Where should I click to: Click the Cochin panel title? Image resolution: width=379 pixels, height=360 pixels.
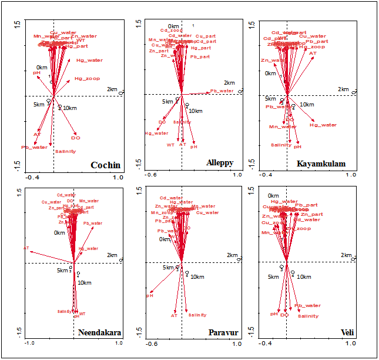[x=105, y=165]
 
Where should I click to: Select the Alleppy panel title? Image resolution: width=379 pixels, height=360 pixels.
[x=220, y=163]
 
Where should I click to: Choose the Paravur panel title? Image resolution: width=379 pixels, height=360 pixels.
[x=223, y=332]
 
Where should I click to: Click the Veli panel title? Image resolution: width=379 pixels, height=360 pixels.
[x=347, y=332]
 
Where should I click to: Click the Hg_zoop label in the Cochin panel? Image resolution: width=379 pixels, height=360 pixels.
[x=87, y=79]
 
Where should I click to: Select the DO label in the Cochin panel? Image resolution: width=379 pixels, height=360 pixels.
[x=76, y=138]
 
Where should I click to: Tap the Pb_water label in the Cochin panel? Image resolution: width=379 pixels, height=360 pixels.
[x=34, y=147]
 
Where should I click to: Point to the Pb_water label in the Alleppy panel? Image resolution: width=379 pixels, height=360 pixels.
[x=222, y=91]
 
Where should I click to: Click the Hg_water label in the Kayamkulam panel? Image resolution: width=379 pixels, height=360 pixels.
[x=323, y=125]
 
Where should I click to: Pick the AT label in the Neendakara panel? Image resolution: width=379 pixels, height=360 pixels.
[x=26, y=248]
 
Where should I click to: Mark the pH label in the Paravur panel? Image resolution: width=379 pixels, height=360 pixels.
[x=149, y=295]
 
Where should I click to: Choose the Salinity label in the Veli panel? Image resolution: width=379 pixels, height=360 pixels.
[x=308, y=316]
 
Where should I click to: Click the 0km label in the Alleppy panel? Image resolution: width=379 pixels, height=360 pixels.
[x=173, y=26]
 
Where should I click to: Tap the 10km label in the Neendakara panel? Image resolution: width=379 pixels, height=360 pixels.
[x=85, y=283]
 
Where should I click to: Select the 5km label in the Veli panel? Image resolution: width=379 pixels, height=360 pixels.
[x=273, y=276]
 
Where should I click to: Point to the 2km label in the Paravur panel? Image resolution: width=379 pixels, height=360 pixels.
[x=232, y=255]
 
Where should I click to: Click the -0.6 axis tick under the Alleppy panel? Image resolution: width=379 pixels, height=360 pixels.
[x=152, y=175]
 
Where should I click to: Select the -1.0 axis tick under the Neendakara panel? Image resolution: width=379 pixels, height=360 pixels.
[x=30, y=343]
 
